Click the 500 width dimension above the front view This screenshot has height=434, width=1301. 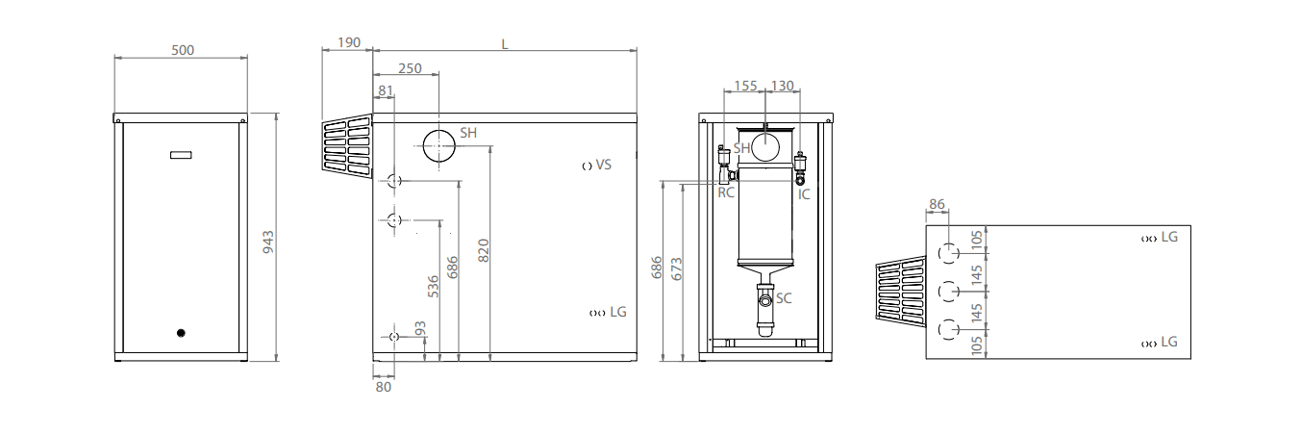tap(183, 50)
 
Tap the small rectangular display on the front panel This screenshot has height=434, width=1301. tap(181, 155)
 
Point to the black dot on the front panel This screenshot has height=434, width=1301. tap(180, 333)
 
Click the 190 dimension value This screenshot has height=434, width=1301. tap(349, 43)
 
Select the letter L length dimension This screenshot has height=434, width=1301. tap(505, 43)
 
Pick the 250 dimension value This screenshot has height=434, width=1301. tap(410, 68)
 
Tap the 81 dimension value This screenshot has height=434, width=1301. tap(386, 91)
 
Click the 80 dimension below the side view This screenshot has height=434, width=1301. tap(384, 387)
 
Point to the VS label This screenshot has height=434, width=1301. tap(604, 165)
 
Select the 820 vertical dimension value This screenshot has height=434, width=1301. tap(484, 250)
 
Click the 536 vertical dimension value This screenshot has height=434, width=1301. tap(433, 287)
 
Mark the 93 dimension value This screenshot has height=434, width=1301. tap(419, 330)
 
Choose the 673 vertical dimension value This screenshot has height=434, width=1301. tap(676, 268)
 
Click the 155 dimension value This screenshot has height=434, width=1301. tap(746, 86)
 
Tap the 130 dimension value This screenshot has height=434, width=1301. tap(783, 86)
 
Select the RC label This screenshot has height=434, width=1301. tap(726, 193)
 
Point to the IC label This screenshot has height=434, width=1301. tap(804, 193)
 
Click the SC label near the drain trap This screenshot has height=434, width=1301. tap(784, 298)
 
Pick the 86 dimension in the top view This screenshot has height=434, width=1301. tap(938, 205)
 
